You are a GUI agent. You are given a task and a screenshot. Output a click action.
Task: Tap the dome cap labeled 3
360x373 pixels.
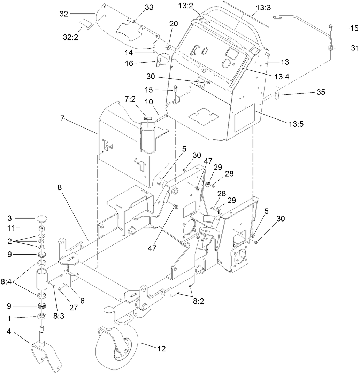click(42, 219)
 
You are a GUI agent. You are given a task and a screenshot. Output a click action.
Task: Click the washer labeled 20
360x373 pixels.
click(168, 47)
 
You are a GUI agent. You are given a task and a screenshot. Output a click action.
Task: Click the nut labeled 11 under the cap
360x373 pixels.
click(42, 228)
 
